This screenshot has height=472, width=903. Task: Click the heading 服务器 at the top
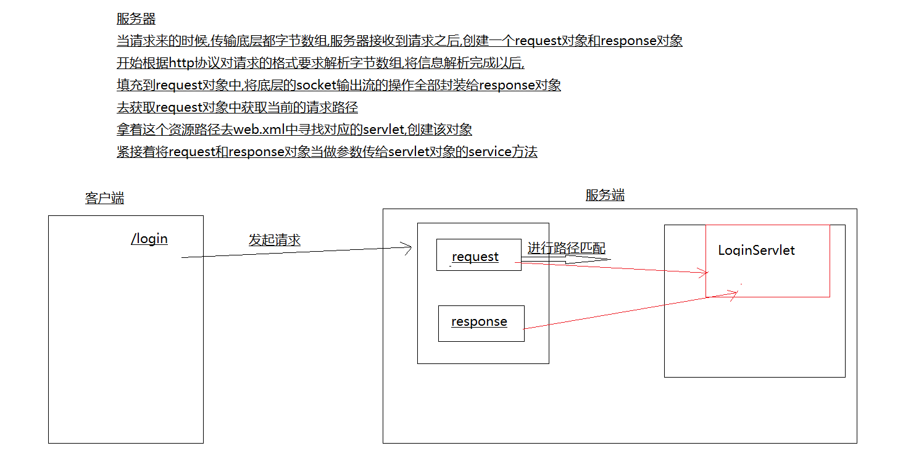[x=136, y=19]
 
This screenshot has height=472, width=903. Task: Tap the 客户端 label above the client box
[x=104, y=198]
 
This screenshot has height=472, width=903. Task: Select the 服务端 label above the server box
[x=605, y=195]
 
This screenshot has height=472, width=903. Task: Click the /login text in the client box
[x=149, y=239]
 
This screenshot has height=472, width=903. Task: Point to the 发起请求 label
[x=274, y=240]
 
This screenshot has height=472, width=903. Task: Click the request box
[x=479, y=255]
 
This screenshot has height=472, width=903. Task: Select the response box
[x=481, y=324]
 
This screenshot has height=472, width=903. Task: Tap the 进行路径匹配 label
[x=567, y=248]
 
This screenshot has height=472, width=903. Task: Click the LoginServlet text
[x=756, y=250]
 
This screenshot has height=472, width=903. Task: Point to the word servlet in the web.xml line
[x=383, y=130]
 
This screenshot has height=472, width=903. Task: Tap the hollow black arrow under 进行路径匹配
[x=566, y=260]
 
